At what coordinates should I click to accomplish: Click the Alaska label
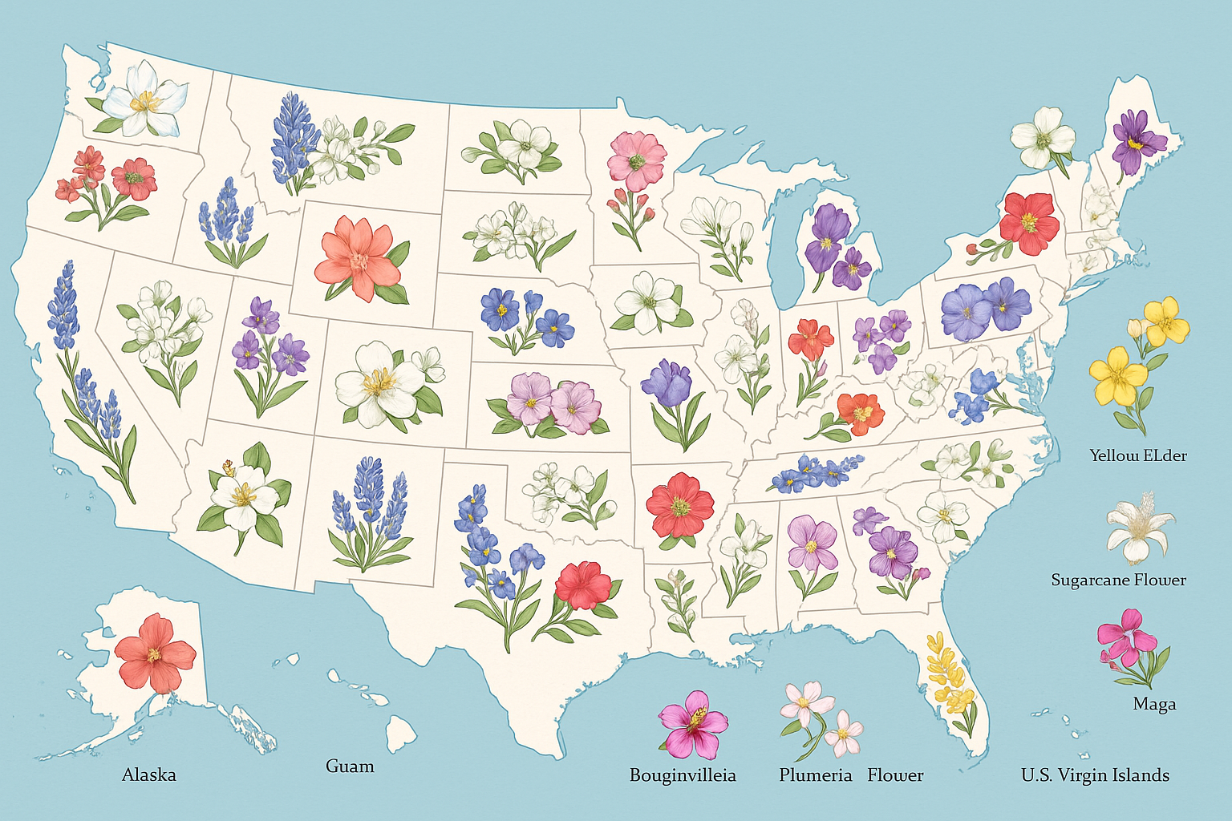tap(148, 774)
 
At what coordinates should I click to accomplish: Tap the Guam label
tap(350, 766)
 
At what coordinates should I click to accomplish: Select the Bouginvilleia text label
tap(683, 775)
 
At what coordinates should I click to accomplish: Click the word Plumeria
tap(815, 775)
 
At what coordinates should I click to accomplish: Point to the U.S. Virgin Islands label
tap(1095, 775)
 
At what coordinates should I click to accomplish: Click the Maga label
tap(1154, 704)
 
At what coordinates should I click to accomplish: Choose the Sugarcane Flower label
tap(1118, 580)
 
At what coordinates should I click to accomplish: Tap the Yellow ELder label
tap(1137, 455)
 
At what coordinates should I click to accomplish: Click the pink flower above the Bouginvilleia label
tap(693, 723)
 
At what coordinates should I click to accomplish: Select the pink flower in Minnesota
tap(637, 158)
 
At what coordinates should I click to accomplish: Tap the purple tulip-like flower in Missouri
tap(667, 384)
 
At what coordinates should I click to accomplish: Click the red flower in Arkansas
tap(680, 505)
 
